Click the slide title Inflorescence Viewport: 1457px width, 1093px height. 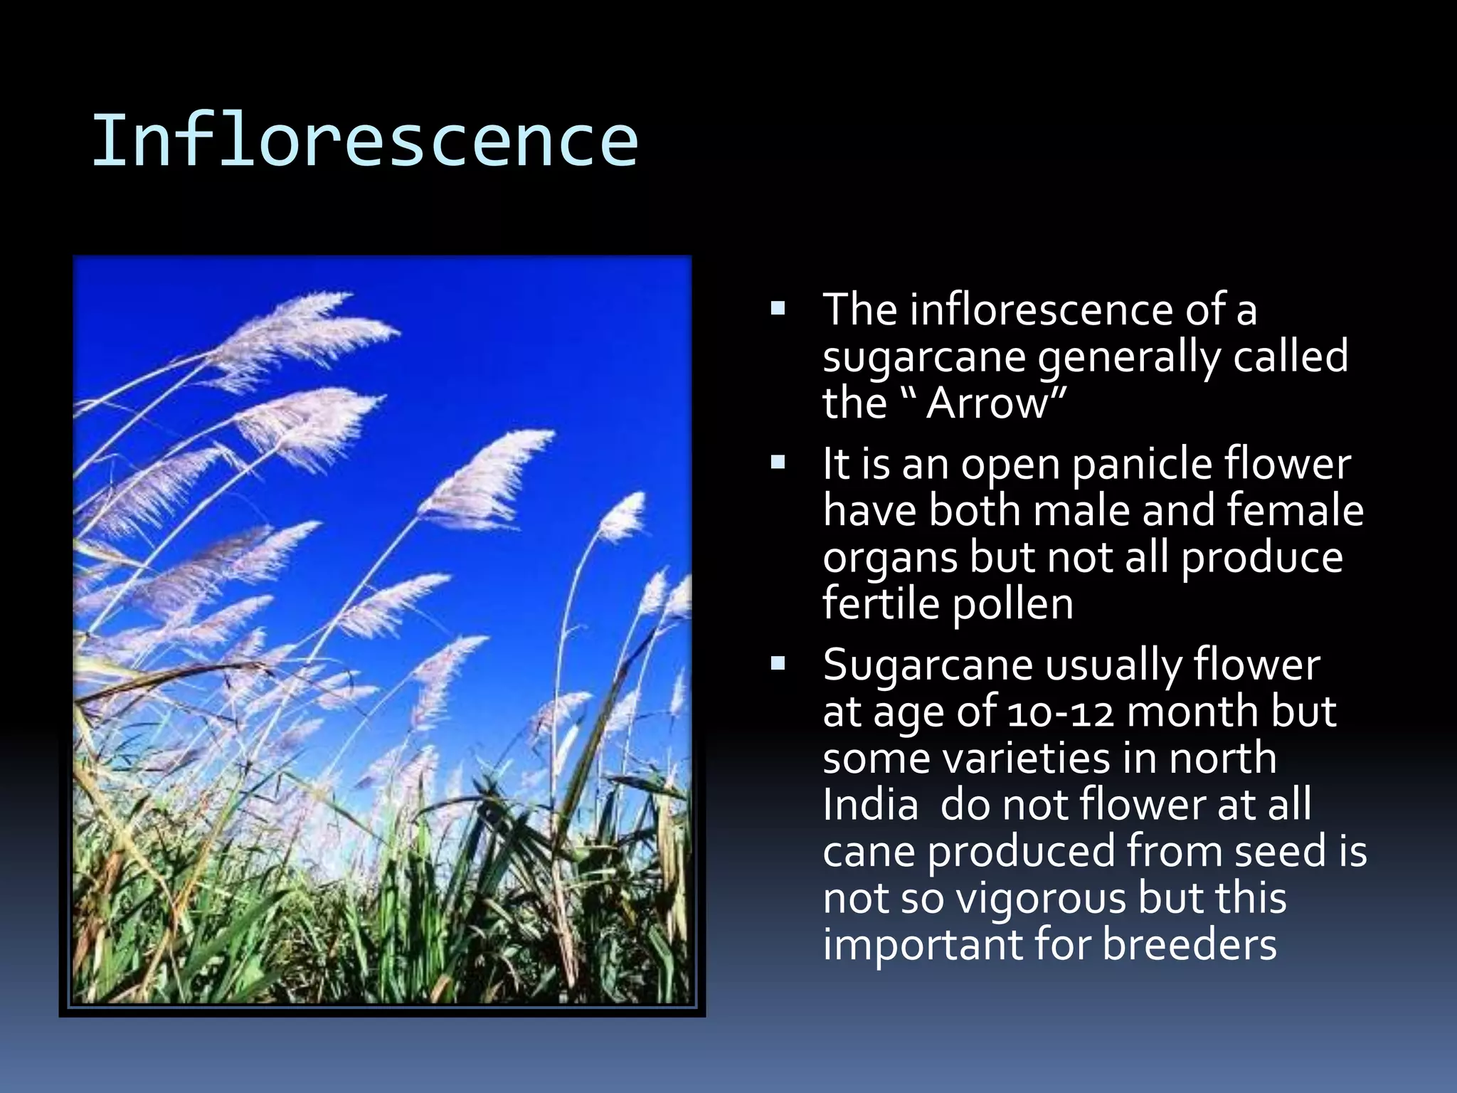[364, 141]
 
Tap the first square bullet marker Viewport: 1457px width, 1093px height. [778, 310]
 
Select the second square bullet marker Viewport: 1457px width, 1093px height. [778, 464]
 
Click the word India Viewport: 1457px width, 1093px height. [870, 805]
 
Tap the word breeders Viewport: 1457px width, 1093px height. [1190, 944]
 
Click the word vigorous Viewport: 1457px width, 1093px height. [1041, 898]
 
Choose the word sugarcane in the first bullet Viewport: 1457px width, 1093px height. [923, 358]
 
